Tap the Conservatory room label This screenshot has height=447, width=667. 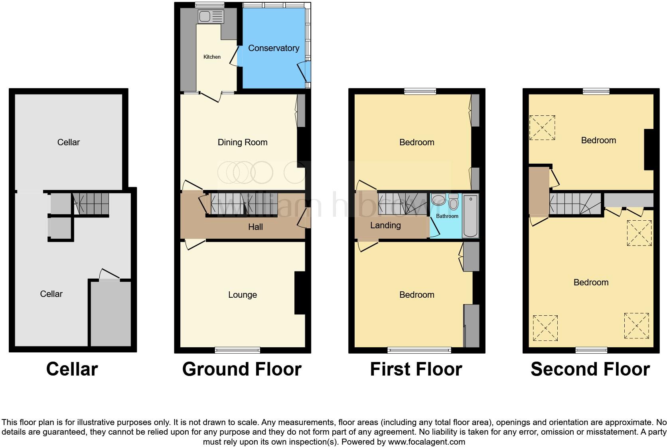(274, 48)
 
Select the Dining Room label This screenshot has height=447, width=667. (243, 142)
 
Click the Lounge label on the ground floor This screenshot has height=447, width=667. (243, 295)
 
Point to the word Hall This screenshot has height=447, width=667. (255, 227)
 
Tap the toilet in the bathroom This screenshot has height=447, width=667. (454, 202)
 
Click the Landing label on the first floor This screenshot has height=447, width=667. (385, 225)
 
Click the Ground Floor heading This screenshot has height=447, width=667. (242, 369)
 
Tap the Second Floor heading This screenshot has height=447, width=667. (590, 369)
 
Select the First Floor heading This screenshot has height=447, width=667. (416, 369)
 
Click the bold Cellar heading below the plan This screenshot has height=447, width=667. (72, 369)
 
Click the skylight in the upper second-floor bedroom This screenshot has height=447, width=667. (542, 128)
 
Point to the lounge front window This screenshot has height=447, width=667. (237, 350)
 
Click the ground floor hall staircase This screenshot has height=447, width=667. (243, 204)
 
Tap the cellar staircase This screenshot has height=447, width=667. (91, 203)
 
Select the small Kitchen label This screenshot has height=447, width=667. (212, 57)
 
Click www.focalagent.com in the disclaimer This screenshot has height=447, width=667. (426, 442)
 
